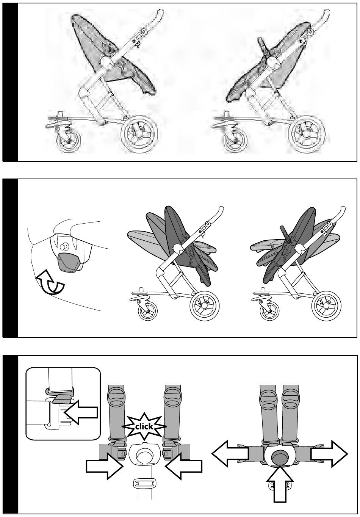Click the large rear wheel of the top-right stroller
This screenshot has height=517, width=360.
307,134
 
